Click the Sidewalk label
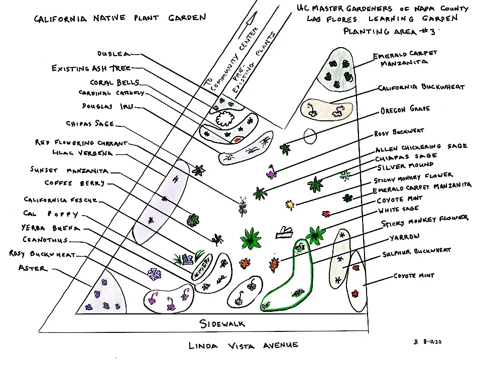(x=222, y=323)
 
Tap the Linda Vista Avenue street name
(x=244, y=345)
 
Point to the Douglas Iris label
(x=107, y=106)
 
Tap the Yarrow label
(x=405, y=237)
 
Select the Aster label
(x=32, y=269)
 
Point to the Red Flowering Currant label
(x=81, y=143)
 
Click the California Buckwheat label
(x=422, y=87)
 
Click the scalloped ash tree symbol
(x=224, y=119)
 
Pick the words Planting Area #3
(x=388, y=31)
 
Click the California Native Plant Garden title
(x=120, y=18)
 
